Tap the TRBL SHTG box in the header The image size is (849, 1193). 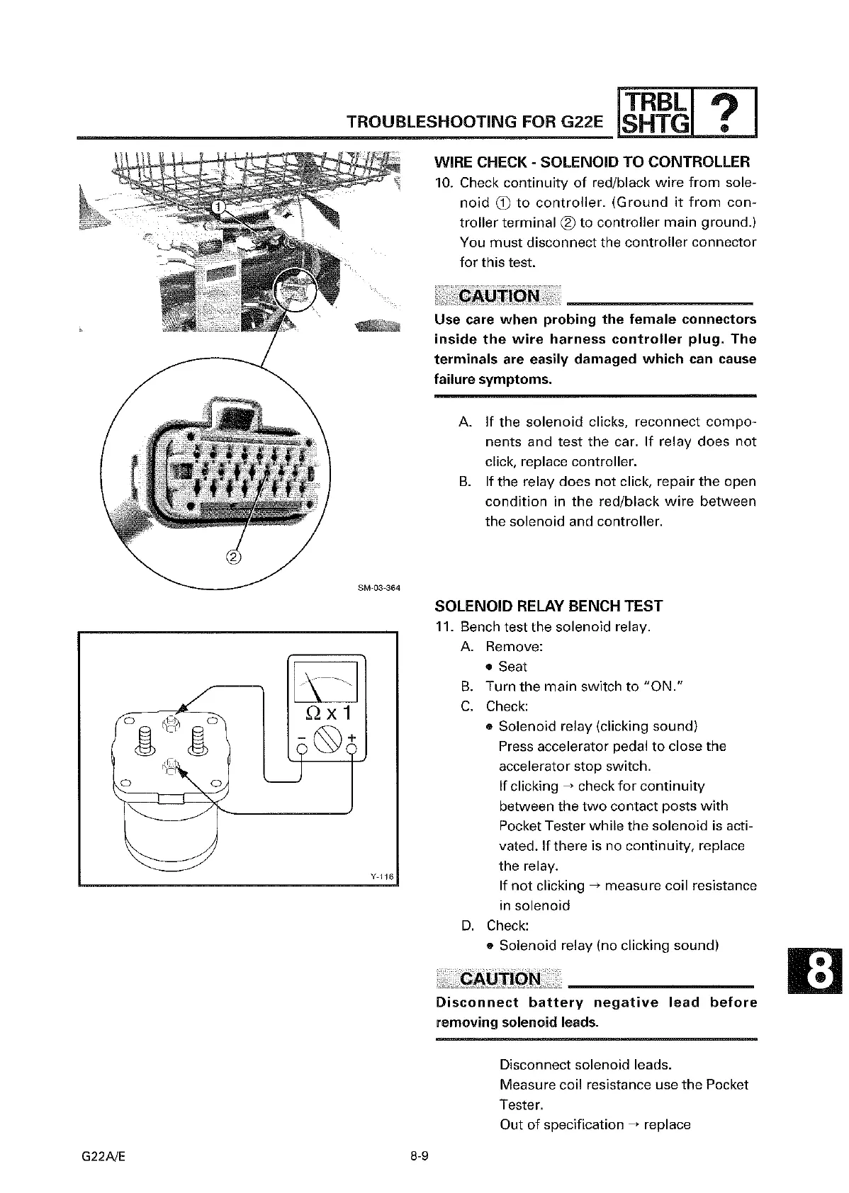[656, 112]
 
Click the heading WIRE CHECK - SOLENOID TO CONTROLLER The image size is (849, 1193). [592, 162]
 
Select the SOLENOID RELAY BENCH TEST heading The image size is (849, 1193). [548, 606]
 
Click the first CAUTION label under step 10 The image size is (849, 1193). [499, 296]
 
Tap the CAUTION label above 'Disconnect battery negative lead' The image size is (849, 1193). [500, 979]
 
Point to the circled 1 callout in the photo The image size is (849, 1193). [220, 205]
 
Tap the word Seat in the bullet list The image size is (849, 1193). [512, 667]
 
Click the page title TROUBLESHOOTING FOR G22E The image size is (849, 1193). [474, 122]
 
